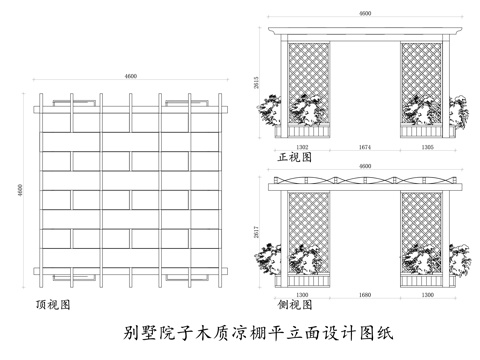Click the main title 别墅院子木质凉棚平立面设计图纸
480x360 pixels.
(240, 332)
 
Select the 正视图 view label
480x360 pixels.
(296, 157)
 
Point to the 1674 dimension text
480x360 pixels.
(365, 147)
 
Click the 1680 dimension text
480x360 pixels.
(365, 296)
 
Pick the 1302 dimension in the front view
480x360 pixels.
(303, 147)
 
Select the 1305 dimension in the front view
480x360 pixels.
(427, 147)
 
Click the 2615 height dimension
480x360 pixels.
(258, 85)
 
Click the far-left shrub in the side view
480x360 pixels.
(268, 257)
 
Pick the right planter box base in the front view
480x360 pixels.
(424, 131)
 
